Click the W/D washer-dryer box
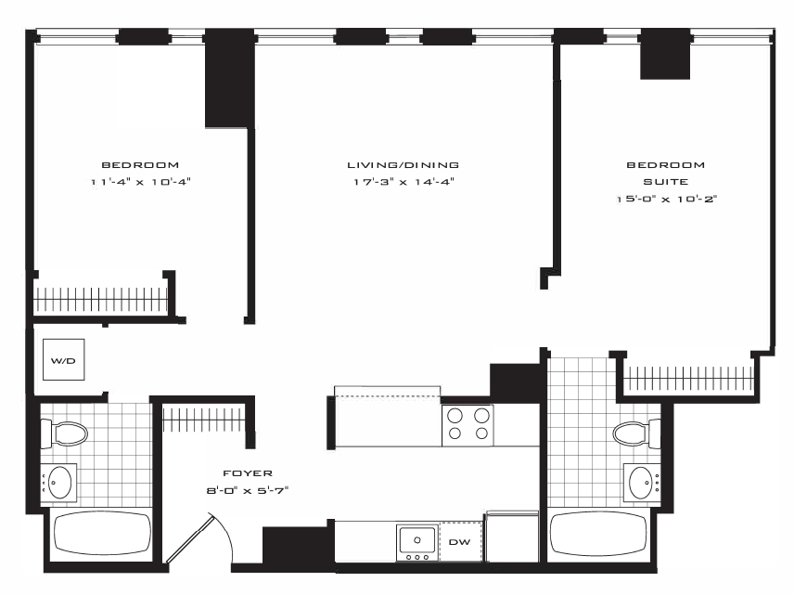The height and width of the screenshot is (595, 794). [64, 359]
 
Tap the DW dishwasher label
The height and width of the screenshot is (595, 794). [460, 542]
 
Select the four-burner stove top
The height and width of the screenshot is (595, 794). [467, 425]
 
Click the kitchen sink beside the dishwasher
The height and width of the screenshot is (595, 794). [417, 542]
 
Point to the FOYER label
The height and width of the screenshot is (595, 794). [248, 472]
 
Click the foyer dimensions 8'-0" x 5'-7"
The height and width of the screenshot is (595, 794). [248, 490]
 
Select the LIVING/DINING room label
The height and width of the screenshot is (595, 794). [403, 164]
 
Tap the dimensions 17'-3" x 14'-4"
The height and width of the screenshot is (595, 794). [403, 181]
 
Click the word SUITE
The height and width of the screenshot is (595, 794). [665, 181]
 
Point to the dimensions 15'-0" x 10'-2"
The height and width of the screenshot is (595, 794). [666, 199]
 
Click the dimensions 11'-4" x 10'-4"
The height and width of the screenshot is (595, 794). [140, 181]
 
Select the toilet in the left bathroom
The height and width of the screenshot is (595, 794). [64, 433]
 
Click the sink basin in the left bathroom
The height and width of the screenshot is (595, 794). [59, 483]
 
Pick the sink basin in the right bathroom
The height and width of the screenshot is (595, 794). [641, 483]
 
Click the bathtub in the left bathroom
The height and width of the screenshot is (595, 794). [102, 535]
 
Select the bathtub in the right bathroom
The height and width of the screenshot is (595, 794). [598, 535]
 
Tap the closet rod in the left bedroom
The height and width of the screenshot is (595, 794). [100, 299]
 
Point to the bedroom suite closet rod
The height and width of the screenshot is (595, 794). [688, 378]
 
